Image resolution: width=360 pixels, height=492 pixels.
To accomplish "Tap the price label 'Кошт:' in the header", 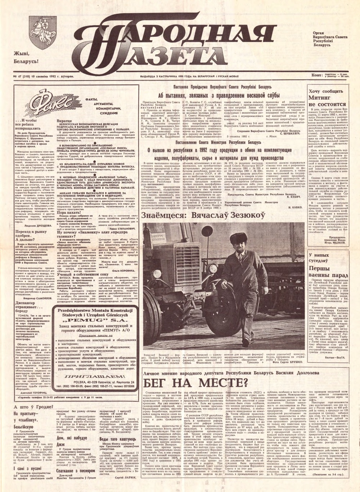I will click(x=317, y=75).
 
